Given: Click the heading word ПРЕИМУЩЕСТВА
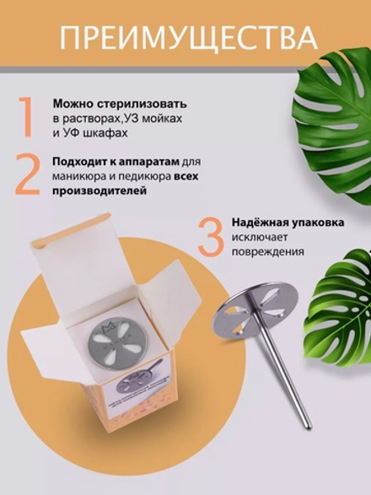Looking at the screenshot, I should pyautogui.click(x=186, y=38).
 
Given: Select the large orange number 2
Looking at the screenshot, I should pyautogui.click(x=27, y=173).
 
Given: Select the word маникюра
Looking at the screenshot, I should pyautogui.click(x=76, y=176).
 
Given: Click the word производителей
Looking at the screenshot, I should pyautogui.click(x=97, y=191).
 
